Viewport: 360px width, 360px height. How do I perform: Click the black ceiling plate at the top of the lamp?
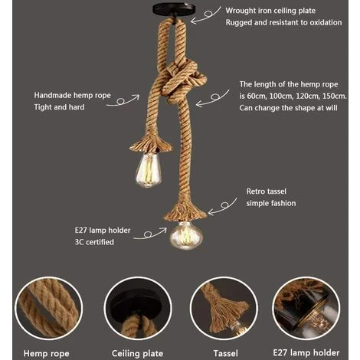coord(174,11)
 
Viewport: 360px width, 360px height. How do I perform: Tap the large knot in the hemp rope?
coord(183,79)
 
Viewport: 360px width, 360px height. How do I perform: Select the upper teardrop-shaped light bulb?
coord(149,170)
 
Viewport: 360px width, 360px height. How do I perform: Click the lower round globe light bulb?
coord(186,235)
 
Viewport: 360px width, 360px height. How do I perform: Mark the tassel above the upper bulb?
coord(151,144)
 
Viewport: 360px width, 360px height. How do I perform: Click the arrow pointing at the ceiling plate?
coord(206,16)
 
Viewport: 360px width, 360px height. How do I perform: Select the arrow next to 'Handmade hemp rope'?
coord(123,100)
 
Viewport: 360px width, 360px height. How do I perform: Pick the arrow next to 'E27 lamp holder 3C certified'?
coord(150,234)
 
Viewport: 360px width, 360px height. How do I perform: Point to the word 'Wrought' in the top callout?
coord(237,11)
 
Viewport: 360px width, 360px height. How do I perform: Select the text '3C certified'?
coord(94,242)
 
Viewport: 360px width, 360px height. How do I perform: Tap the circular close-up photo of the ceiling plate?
coord(138,309)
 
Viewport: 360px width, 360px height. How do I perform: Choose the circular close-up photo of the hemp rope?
coord(48,309)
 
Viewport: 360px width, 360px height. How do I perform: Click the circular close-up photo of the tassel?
coord(224,309)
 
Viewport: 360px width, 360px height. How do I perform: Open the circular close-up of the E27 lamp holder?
coord(306,309)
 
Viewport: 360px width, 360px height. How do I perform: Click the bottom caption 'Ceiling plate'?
coord(137,354)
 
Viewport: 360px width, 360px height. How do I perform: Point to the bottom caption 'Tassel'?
coord(225,354)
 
